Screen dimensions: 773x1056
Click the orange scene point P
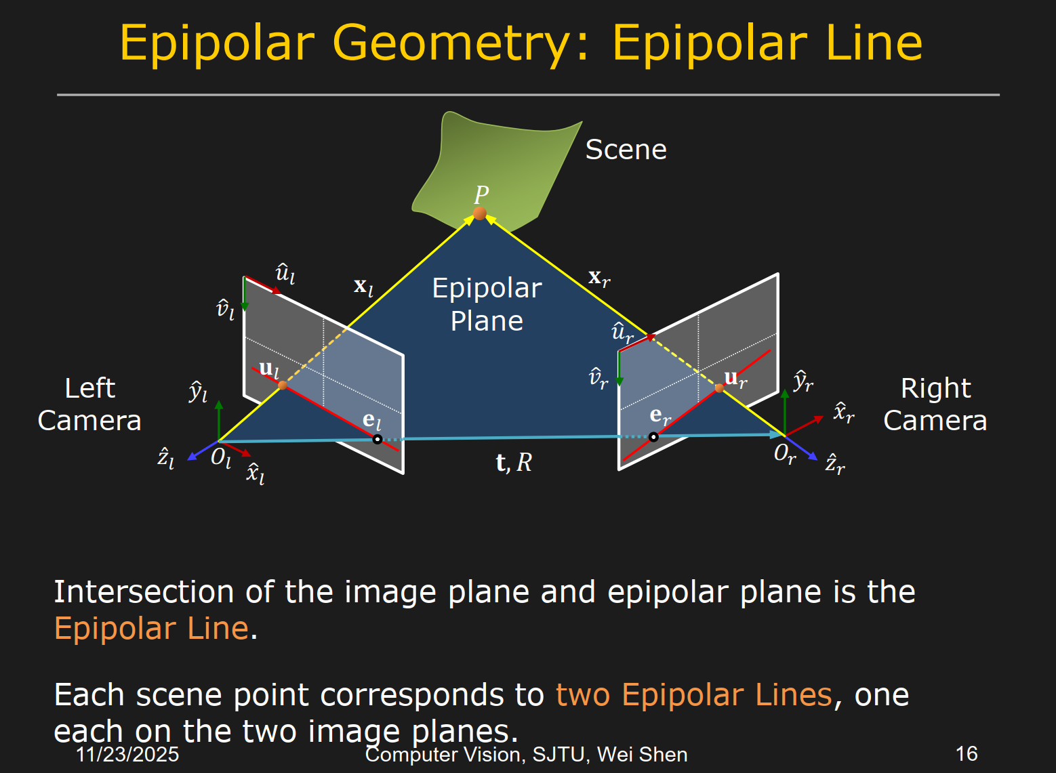[480, 213]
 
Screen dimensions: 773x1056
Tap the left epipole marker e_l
[378, 439]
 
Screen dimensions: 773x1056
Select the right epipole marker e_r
[653, 437]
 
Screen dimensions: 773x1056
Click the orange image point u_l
[283, 385]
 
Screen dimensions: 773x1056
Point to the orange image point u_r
[719, 388]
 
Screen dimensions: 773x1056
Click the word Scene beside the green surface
[626, 150]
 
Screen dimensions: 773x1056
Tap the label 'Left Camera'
[89, 404]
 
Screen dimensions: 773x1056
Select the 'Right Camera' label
[935, 404]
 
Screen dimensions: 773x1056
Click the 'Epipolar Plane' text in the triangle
[487, 304]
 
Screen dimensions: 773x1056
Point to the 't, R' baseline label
[514, 463]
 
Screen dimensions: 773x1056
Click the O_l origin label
[221, 458]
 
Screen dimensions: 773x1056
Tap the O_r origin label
[784, 453]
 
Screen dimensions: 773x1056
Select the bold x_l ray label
[364, 287]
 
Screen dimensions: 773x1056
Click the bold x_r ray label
[599, 277]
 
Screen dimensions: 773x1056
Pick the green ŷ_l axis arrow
[219, 420]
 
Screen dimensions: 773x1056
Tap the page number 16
[966, 753]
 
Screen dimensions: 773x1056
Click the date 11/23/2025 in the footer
[127, 754]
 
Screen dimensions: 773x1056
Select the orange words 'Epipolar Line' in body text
[152, 629]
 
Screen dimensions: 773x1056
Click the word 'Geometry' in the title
[453, 43]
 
